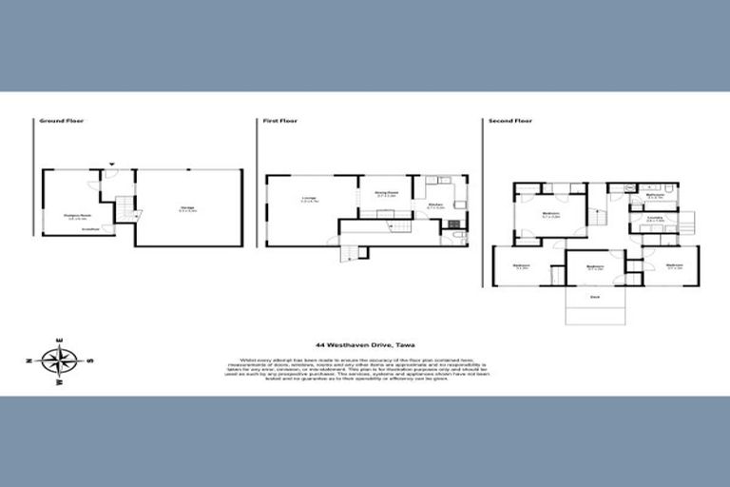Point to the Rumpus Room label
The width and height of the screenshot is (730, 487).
(x=77, y=216)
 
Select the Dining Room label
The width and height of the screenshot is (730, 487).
(x=385, y=192)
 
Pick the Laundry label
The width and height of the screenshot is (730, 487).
(x=655, y=219)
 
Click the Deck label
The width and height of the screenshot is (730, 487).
(x=595, y=297)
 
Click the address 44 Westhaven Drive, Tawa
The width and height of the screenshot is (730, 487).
(x=365, y=345)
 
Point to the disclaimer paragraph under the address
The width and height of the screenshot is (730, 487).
(x=365, y=369)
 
